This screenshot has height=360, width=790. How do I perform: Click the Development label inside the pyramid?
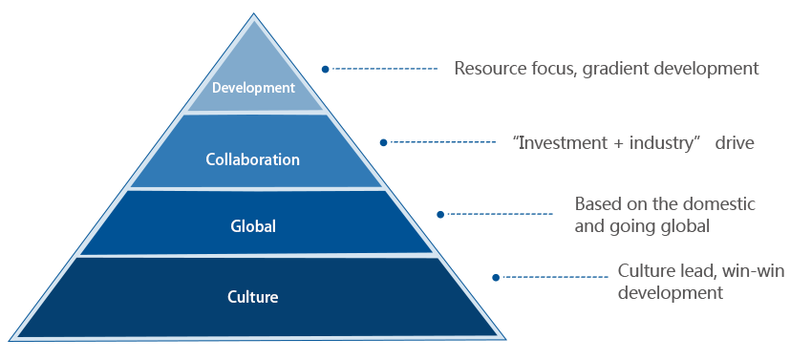253,88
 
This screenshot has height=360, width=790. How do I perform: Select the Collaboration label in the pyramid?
253,159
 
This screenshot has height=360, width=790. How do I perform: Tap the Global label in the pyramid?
253,226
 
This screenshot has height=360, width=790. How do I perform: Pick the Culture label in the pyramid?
253,297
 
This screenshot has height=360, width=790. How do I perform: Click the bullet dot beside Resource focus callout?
326,69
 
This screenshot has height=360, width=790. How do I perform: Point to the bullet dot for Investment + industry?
383,142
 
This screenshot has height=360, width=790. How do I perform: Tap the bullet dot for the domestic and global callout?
440,215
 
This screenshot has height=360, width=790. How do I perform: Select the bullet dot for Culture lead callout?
496,277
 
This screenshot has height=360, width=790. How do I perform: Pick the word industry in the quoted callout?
662,143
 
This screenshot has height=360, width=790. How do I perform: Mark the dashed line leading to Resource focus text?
385,69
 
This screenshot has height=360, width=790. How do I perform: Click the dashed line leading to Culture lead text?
556,277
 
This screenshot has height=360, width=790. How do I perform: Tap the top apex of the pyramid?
253,13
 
